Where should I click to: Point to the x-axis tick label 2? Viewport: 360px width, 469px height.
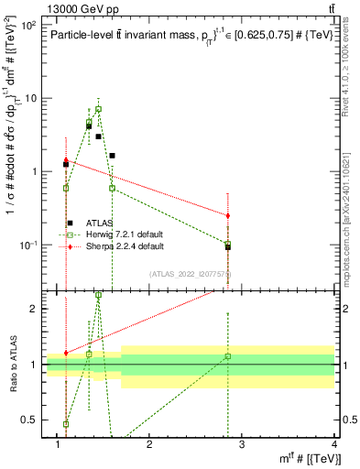[150, 444]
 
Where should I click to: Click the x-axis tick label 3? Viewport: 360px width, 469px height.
[243, 444]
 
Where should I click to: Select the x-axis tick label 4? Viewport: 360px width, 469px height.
[334, 444]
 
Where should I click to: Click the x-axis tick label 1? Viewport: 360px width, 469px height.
[58, 444]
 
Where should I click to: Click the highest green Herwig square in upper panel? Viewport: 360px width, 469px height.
[98, 109]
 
